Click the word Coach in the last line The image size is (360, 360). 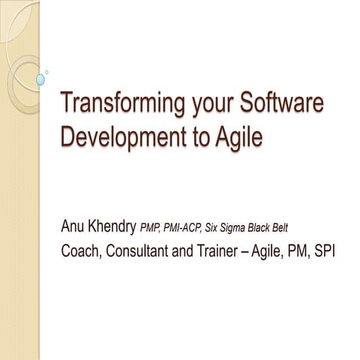coord(81,250)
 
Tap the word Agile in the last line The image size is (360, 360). coord(265,250)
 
